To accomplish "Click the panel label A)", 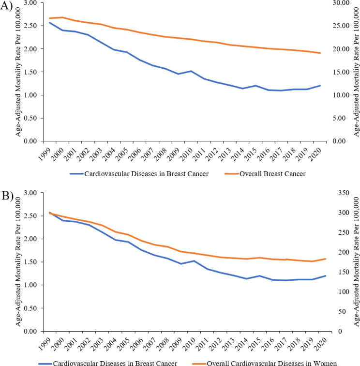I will click(x=8, y=8).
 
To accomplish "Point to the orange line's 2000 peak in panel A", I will click(x=62, y=17).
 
